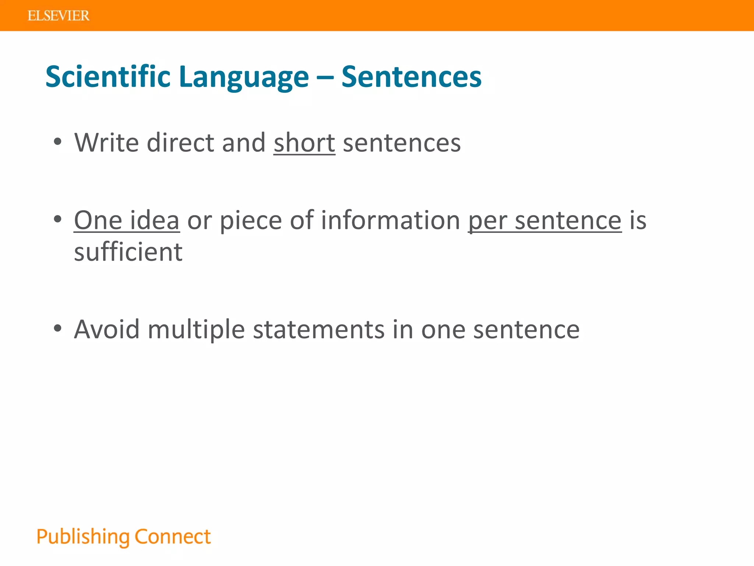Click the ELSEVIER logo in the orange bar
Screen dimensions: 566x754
tap(58, 16)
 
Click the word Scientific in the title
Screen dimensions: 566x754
tap(108, 77)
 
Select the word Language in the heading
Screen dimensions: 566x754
tap(244, 77)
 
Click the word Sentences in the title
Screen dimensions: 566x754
tap(411, 77)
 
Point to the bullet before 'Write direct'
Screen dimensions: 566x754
tap(57, 142)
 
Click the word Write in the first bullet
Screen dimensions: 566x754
tap(106, 143)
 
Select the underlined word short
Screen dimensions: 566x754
tap(304, 143)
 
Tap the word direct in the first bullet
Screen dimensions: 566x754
tap(180, 143)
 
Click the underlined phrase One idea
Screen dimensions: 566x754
tap(127, 220)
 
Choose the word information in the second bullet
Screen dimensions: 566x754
tap(390, 220)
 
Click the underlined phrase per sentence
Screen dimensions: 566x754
tap(545, 220)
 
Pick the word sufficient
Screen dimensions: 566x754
tap(128, 252)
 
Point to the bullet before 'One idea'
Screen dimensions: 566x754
tap(57, 219)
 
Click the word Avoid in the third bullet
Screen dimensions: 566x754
tap(107, 329)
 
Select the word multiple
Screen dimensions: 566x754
tap(196, 329)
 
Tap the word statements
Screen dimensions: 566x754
tap(319, 329)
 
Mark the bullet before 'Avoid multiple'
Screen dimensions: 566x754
tap(57, 328)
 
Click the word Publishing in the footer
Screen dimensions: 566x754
tap(83, 537)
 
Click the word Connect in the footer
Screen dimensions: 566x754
tap(173, 537)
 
